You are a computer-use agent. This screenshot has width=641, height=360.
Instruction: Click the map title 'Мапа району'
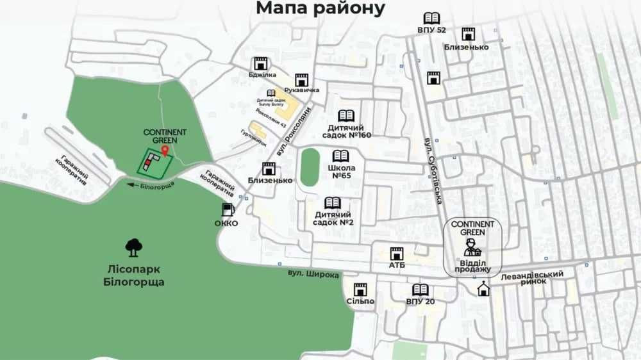click(x=320, y=8)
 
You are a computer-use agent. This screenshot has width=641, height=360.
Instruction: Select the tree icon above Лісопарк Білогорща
click(x=134, y=245)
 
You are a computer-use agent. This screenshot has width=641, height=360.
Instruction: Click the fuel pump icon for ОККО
click(x=227, y=209)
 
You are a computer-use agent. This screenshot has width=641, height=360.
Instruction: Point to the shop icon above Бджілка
click(x=260, y=63)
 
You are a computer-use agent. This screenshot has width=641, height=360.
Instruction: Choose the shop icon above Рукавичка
click(x=302, y=79)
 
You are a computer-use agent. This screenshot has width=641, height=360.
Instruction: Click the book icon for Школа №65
click(x=340, y=156)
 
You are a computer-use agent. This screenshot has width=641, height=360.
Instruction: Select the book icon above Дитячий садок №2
click(x=333, y=203)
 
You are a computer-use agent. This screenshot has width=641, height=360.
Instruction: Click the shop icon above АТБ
click(x=397, y=254)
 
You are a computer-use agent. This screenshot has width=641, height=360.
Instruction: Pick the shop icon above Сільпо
click(x=360, y=290)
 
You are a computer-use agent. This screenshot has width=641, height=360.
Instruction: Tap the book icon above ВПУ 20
click(x=420, y=290)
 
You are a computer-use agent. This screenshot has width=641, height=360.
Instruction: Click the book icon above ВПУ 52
click(x=431, y=19)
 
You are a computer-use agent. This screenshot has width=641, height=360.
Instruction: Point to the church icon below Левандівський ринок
click(x=483, y=290)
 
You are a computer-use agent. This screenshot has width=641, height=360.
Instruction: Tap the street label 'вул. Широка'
click(x=313, y=274)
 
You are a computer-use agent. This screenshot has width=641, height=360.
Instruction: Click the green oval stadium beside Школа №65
click(x=310, y=167)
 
